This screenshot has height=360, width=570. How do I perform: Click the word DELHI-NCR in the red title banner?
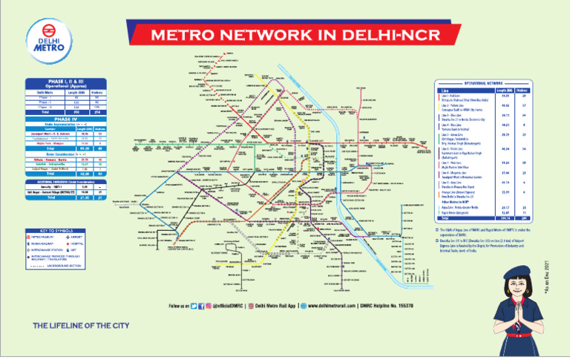click(x=389, y=36)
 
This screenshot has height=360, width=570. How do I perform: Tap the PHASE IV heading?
click(x=66, y=118)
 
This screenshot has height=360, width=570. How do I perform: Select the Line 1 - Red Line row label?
click(x=452, y=95)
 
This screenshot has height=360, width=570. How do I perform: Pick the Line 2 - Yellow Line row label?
click(x=453, y=105)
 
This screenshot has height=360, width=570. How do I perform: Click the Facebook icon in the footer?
click(x=202, y=305)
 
